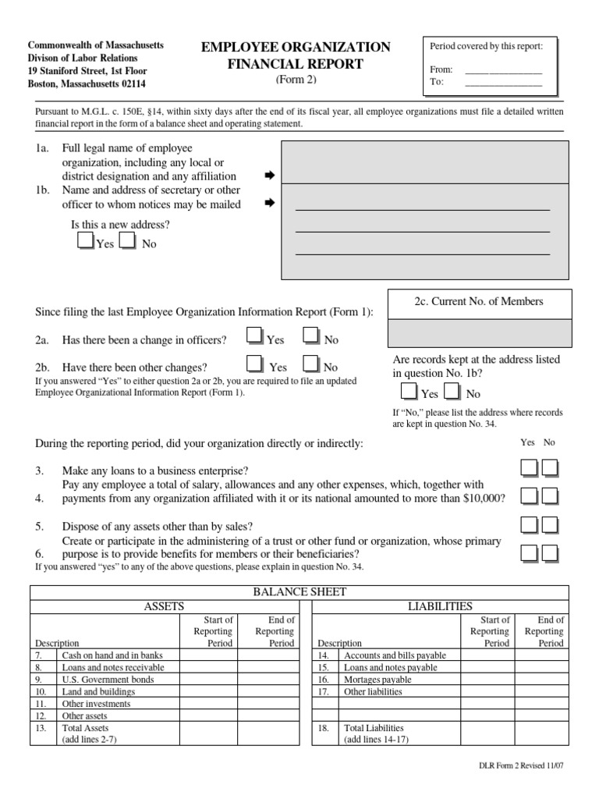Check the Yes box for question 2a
[x=253, y=336]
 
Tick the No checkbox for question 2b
[x=310, y=363]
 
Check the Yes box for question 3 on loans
[x=529, y=468]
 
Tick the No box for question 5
[x=550, y=524]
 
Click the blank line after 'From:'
[x=502, y=70]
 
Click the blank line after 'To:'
[x=502, y=83]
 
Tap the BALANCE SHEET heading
[x=299, y=592]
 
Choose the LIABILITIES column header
[x=441, y=605]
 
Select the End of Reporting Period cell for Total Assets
[x=266, y=733]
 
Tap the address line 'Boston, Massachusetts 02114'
[x=86, y=83]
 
